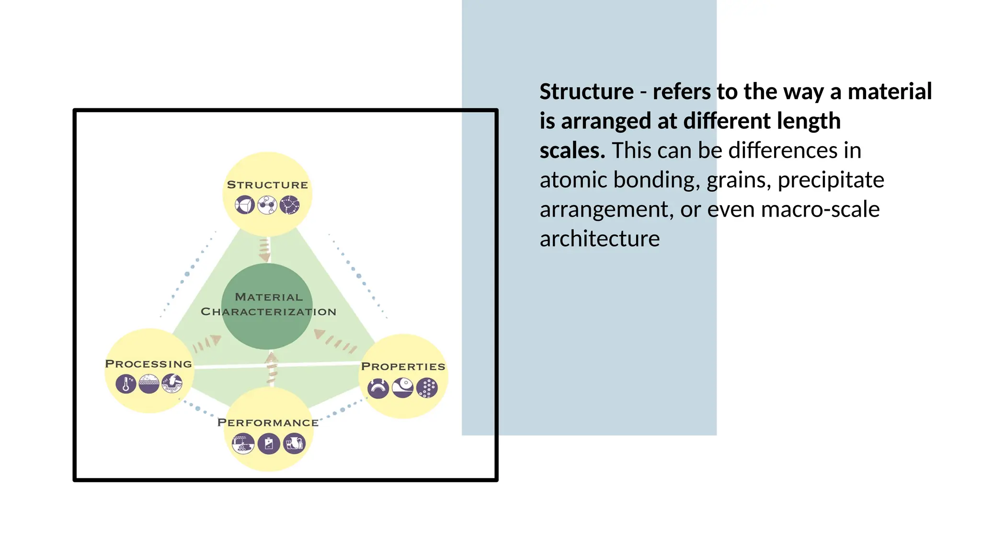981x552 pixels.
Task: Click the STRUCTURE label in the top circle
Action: click(x=267, y=185)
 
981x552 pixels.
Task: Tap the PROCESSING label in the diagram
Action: click(x=148, y=364)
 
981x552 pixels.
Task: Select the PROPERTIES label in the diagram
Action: click(x=403, y=367)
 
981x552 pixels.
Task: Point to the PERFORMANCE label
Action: click(x=268, y=423)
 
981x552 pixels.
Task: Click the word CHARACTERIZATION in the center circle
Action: click(x=268, y=312)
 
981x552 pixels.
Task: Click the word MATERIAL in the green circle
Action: click(x=269, y=297)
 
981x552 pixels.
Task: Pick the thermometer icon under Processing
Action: click(x=126, y=384)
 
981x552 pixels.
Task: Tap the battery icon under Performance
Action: click(x=269, y=444)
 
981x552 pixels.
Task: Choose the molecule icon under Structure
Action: click(x=267, y=205)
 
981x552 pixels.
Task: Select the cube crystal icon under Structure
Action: click(x=245, y=205)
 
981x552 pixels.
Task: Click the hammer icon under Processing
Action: click(x=172, y=384)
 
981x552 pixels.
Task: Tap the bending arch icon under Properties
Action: click(x=378, y=388)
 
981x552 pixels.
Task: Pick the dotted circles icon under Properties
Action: click(x=427, y=388)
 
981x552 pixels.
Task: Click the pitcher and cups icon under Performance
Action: click(x=294, y=444)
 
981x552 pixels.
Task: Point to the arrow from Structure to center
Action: click(x=264, y=250)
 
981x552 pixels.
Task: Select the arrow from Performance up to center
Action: click(x=272, y=368)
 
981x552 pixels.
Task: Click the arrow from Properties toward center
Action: click(x=335, y=340)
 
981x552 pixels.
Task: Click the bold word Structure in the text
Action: click(x=586, y=92)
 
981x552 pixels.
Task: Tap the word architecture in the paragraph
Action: click(x=599, y=239)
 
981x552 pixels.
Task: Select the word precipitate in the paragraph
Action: click(x=831, y=180)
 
